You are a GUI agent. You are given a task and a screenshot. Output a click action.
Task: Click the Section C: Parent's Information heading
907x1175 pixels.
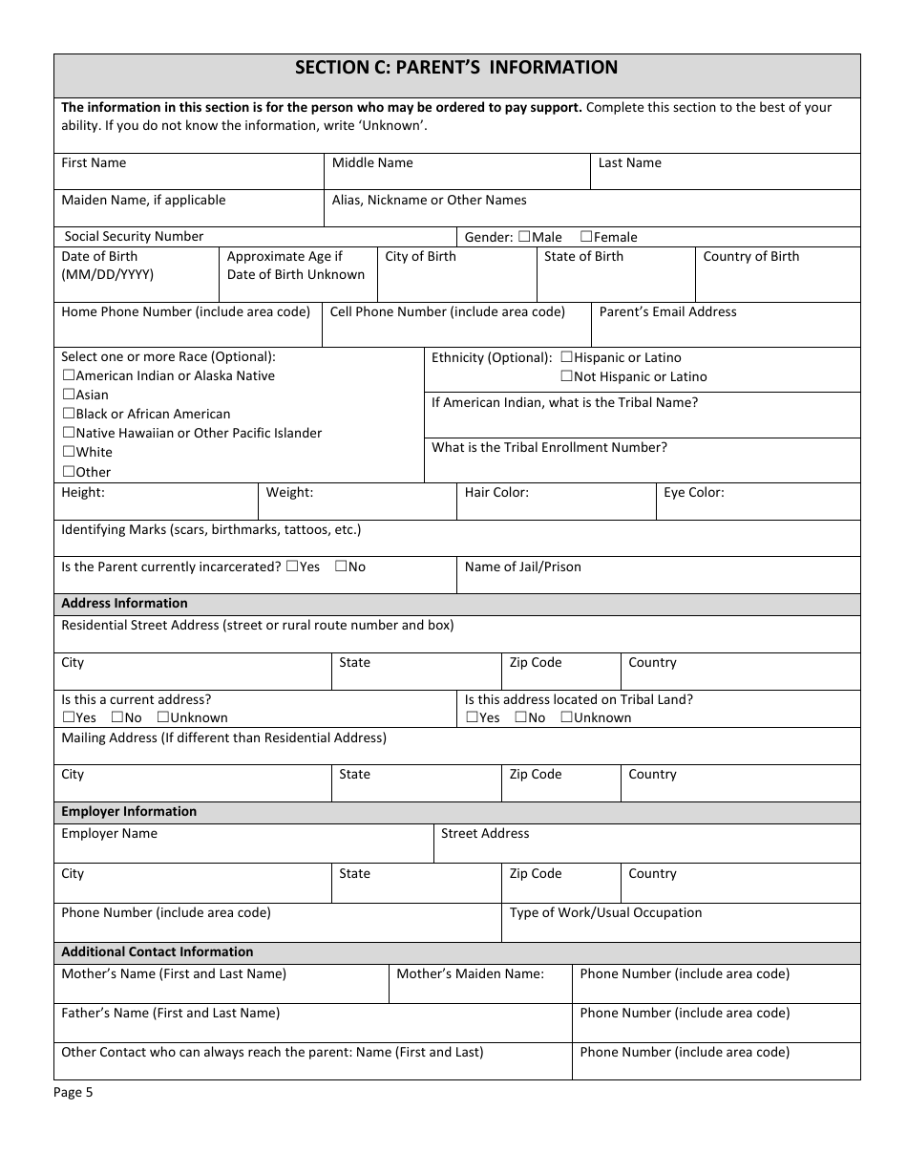(x=456, y=68)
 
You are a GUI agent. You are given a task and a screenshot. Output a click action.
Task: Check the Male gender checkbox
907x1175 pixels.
(x=524, y=237)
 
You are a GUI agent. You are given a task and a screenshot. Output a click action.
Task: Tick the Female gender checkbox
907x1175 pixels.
(x=586, y=237)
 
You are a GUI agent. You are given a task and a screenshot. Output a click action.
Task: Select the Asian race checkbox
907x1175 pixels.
(x=69, y=395)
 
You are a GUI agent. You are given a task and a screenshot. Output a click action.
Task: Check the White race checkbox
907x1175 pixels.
(x=69, y=452)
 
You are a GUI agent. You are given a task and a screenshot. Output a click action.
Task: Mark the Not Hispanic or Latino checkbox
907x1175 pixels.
(x=567, y=376)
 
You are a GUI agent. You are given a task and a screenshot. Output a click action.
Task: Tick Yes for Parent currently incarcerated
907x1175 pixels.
(x=291, y=566)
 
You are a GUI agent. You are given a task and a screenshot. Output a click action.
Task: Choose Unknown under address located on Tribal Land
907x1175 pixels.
(x=566, y=717)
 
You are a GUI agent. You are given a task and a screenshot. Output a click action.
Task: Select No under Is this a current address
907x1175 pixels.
(x=116, y=717)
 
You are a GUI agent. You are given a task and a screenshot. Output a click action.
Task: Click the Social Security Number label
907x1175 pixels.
(x=134, y=236)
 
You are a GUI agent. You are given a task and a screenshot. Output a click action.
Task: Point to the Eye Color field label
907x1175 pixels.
(x=693, y=493)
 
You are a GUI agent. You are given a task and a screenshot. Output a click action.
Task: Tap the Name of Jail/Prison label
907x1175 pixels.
(x=522, y=566)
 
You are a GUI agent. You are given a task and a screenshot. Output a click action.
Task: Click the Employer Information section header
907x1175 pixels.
(x=129, y=811)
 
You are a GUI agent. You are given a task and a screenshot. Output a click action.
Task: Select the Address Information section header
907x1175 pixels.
(x=124, y=603)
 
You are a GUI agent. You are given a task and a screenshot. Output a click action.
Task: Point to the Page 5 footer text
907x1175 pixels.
(x=74, y=1093)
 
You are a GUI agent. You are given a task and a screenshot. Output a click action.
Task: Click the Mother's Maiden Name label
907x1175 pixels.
(x=470, y=973)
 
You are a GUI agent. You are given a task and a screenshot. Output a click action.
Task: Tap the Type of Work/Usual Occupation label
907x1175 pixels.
(x=605, y=912)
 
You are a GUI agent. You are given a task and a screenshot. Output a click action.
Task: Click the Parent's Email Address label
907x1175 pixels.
(x=667, y=311)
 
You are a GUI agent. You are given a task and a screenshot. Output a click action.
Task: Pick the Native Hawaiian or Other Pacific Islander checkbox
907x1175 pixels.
(x=69, y=433)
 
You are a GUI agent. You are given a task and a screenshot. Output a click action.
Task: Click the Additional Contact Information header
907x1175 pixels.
(x=158, y=951)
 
